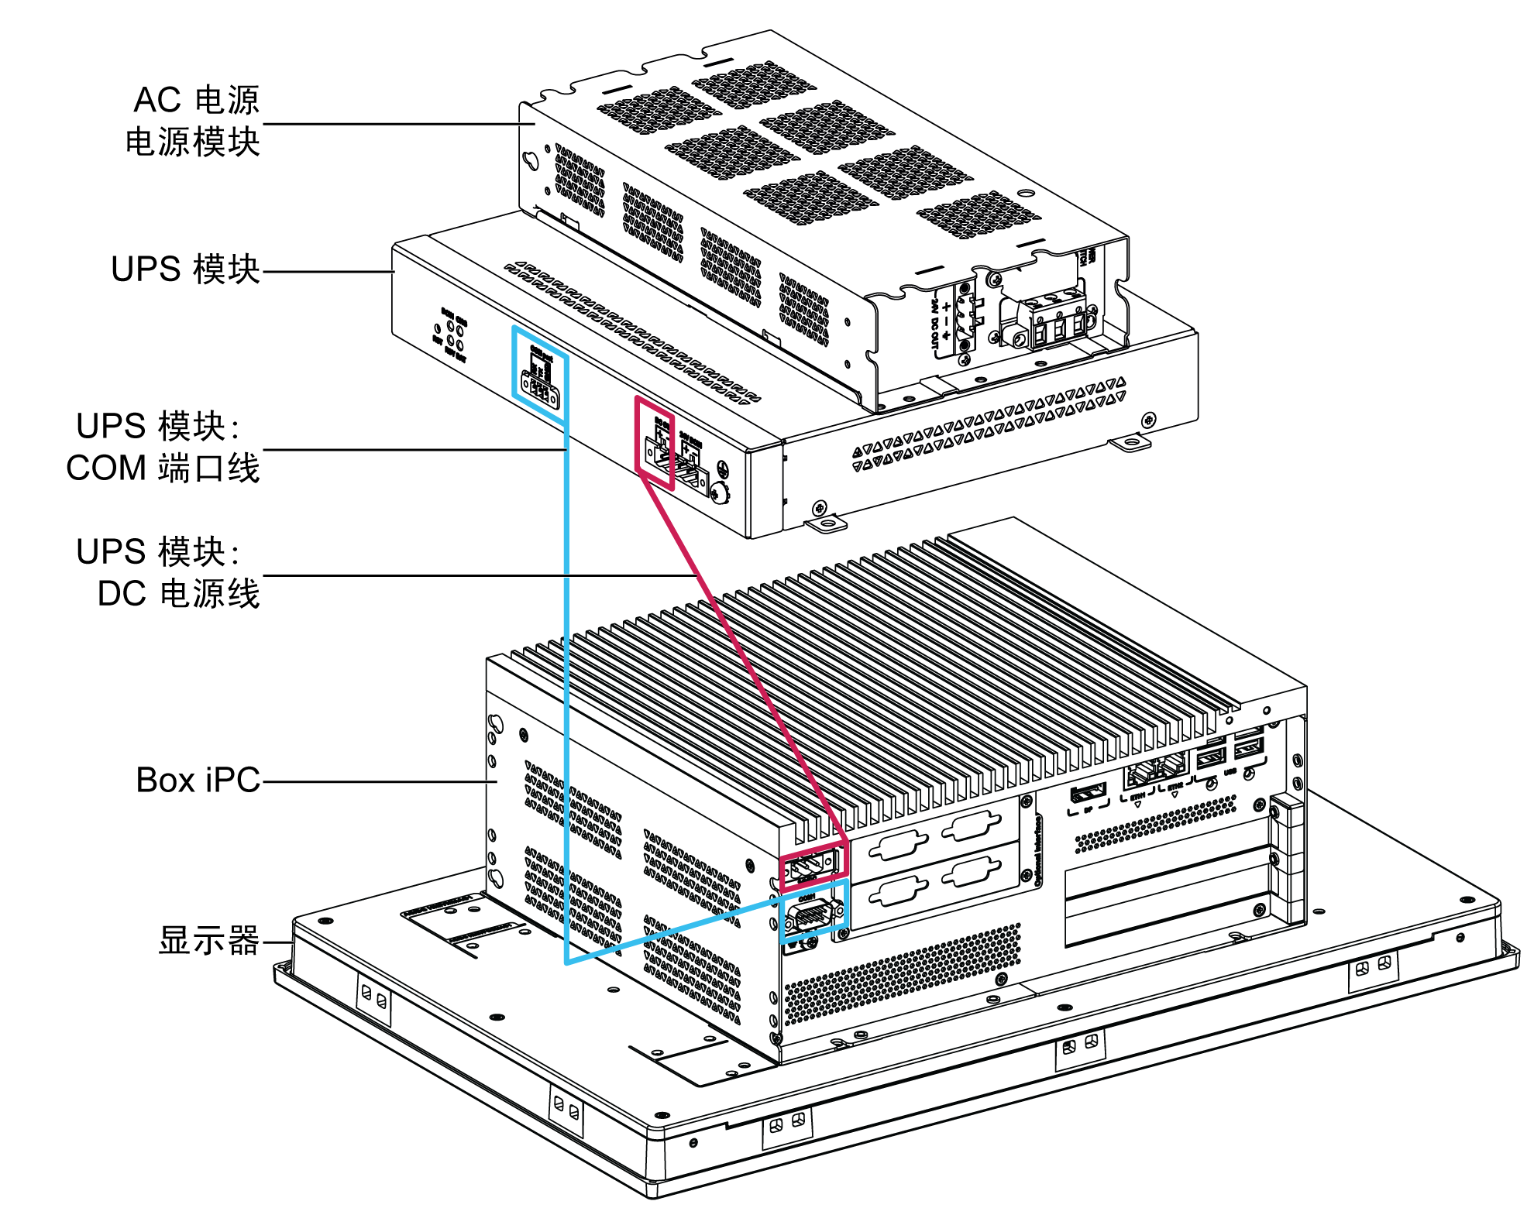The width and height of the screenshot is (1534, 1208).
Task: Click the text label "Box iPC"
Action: point(198,781)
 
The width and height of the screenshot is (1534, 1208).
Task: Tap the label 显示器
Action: point(208,941)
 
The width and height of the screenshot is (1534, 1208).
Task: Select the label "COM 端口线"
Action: point(163,468)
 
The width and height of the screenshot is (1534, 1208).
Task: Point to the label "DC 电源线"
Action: point(178,594)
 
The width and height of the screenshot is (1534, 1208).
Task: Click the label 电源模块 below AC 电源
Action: point(192,142)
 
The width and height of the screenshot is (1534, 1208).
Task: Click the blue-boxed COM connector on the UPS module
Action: point(540,385)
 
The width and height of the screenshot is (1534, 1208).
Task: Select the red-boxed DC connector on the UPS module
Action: point(655,449)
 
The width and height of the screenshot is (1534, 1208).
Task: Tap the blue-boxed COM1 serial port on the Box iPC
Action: point(810,917)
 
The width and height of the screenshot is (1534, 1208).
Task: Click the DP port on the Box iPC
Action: point(1088,793)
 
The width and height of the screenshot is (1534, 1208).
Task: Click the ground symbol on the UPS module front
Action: point(721,468)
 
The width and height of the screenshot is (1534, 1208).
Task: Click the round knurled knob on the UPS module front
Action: point(719,491)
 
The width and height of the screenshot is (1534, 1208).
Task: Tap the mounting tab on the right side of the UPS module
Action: point(1130,443)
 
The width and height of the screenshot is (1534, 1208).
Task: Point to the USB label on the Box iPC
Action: point(1230,771)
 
